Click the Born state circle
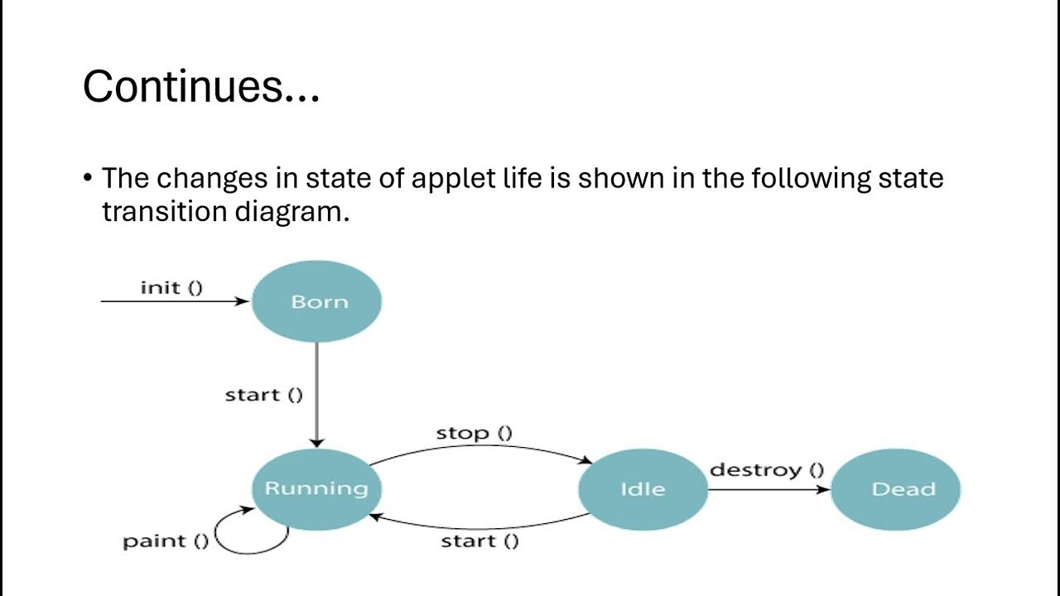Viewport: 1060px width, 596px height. point(316,302)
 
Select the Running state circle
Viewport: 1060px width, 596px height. point(316,488)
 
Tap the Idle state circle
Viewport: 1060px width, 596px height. point(643,489)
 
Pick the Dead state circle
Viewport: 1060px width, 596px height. point(895,489)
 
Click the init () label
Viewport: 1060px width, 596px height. point(171,288)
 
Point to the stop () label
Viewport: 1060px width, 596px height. point(474,433)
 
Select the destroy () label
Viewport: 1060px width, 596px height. point(767,470)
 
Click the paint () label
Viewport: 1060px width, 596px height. point(166,541)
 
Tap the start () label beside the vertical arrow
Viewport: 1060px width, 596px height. point(264,395)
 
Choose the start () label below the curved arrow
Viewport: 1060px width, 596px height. point(479,541)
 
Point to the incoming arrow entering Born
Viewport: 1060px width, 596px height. point(174,302)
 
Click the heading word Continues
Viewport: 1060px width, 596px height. point(201,86)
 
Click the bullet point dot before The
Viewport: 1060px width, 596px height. point(88,180)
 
